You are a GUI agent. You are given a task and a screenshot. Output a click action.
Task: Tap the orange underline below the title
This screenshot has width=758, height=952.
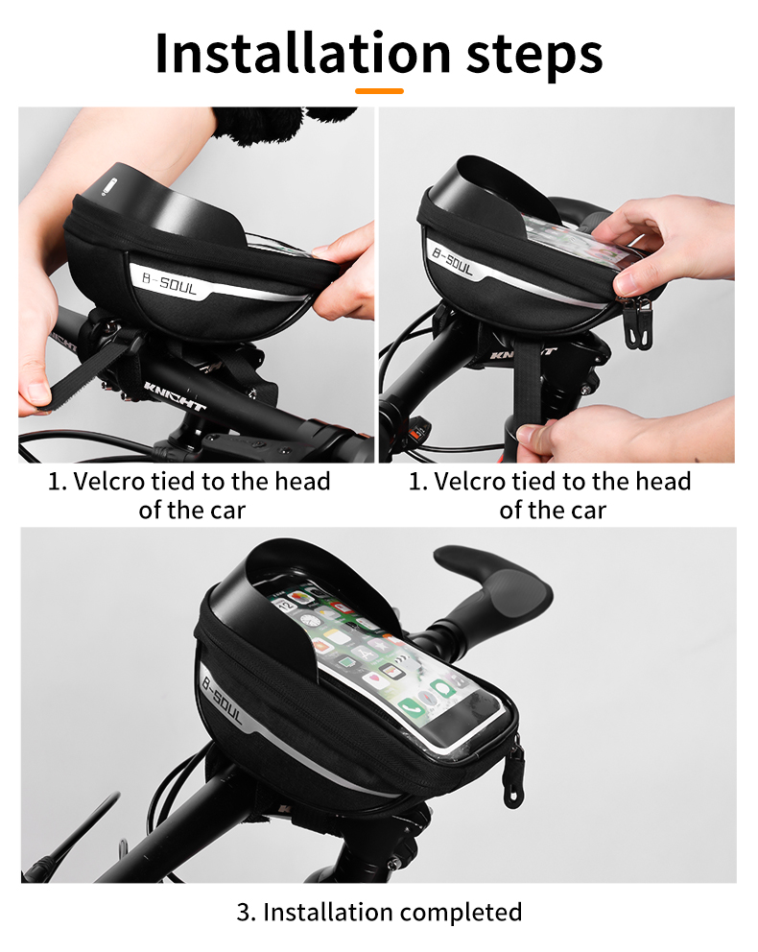[x=379, y=91]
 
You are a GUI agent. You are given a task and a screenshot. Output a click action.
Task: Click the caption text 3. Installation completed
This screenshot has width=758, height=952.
[x=379, y=911]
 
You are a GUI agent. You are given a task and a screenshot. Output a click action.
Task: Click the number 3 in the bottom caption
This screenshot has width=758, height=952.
[x=243, y=911]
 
